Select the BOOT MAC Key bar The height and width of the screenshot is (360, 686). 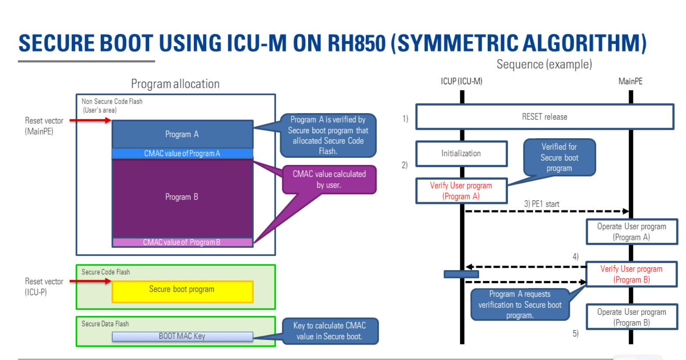pyautogui.click(x=182, y=336)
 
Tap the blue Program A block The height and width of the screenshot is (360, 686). pyautogui.click(x=182, y=134)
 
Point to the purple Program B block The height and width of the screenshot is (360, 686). pyautogui.click(x=182, y=197)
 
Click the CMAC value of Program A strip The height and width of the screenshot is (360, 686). pyautogui.click(x=182, y=153)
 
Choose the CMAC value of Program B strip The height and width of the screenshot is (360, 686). pyautogui.click(x=182, y=242)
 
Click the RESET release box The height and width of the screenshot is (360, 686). pyautogui.click(x=544, y=117)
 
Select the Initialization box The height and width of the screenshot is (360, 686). pyautogui.click(x=461, y=153)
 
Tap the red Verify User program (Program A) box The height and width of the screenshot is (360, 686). pyautogui.click(x=461, y=191)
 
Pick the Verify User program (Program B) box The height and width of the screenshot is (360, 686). pyautogui.click(x=631, y=274)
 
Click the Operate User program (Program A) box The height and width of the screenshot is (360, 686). pyautogui.click(x=631, y=232)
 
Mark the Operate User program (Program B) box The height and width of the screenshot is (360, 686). pyautogui.click(x=631, y=317)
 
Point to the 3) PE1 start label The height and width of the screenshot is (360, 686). pyautogui.click(x=542, y=204)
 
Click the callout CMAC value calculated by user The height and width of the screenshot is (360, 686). pyautogui.click(x=329, y=179)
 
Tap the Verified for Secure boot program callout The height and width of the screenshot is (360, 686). pyautogui.click(x=559, y=157)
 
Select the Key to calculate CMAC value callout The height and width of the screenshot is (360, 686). pyautogui.click(x=330, y=331)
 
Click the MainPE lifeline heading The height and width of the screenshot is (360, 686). pyautogui.click(x=630, y=81)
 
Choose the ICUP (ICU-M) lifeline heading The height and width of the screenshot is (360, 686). pyautogui.click(x=462, y=81)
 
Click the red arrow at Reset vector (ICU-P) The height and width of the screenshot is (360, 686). pyautogui.click(x=90, y=281)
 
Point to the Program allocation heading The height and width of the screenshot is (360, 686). pyautogui.click(x=175, y=84)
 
